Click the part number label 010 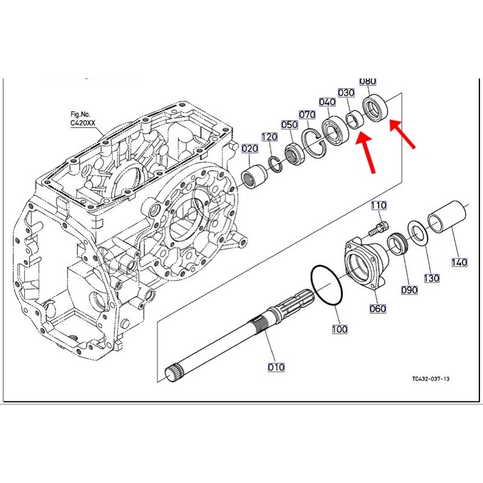[x=277, y=366]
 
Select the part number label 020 [x=250, y=149]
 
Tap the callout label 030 [x=346, y=93]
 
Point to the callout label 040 [x=328, y=102]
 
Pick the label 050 [x=290, y=125]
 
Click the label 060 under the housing [x=378, y=309]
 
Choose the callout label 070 [x=307, y=115]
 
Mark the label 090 [x=409, y=290]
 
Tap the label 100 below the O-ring [x=339, y=329]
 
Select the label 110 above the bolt [x=379, y=206]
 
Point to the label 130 [x=431, y=278]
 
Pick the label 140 [x=459, y=262]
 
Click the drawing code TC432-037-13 [x=431, y=379]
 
